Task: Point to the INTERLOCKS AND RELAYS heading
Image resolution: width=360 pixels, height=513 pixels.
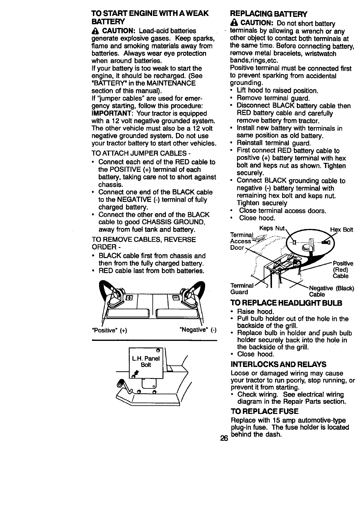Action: coord(278,364)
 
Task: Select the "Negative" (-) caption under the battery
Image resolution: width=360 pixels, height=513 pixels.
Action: coord(198,330)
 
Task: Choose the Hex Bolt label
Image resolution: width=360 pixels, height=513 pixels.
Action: coord(341,230)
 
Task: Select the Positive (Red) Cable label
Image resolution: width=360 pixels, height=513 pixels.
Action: coord(343,270)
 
